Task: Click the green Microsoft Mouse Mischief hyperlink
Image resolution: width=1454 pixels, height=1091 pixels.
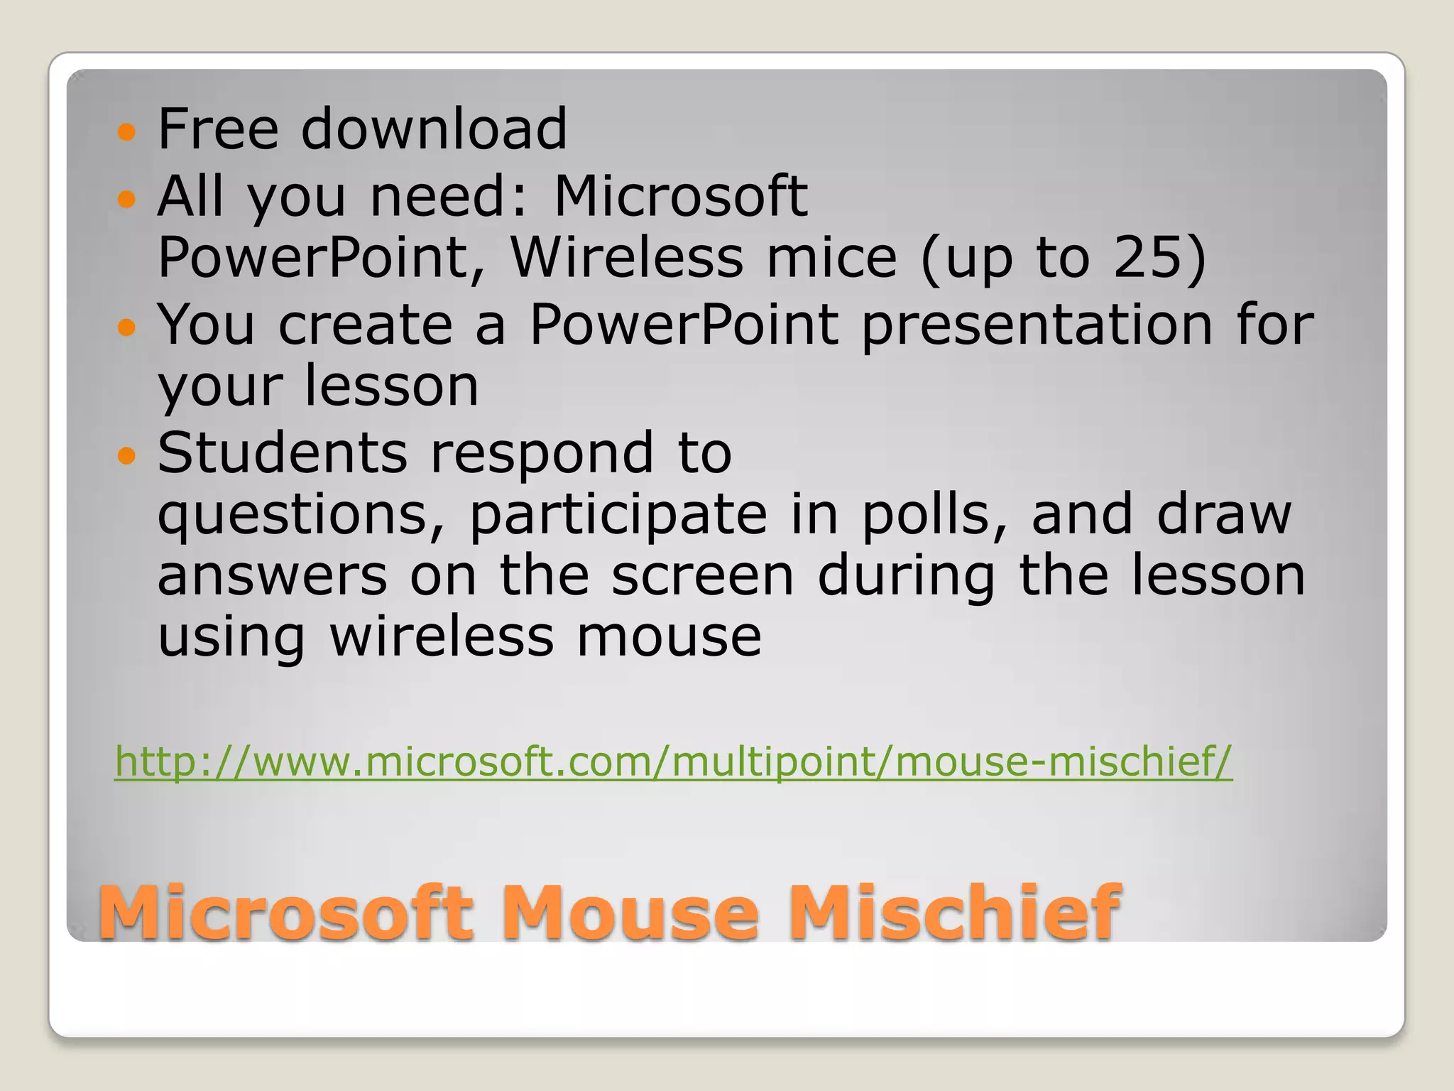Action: point(673,761)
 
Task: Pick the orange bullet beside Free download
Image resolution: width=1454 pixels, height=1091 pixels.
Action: point(126,131)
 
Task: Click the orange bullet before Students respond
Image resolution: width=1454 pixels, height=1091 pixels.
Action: point(126,455)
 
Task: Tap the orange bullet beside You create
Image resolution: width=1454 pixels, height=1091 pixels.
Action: point(126,327)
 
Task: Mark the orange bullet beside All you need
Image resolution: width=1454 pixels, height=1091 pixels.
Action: point(126,198)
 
